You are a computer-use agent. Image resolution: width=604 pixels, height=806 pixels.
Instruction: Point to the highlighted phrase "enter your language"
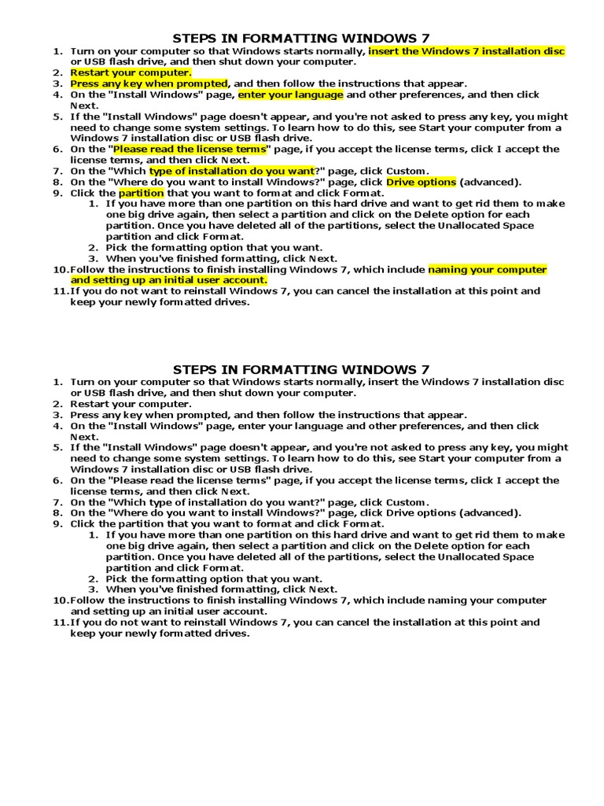[290, 94]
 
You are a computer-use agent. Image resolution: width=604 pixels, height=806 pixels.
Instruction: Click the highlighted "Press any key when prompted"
[149, 83]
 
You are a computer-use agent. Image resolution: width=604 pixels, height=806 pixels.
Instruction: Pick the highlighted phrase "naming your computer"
[487, 269]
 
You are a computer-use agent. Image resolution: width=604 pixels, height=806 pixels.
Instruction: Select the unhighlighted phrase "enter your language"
[290, 426]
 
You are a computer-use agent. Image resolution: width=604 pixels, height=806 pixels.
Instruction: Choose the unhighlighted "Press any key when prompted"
[149, 415]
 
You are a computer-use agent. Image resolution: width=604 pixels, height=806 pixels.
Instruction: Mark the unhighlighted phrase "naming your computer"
[487, 601]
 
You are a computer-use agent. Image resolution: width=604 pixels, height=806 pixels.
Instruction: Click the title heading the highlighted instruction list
[301, 37]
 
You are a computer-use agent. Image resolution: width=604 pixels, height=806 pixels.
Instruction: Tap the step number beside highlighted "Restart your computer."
[57, 72]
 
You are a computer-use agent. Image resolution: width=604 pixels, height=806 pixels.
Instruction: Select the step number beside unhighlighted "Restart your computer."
[57, 404]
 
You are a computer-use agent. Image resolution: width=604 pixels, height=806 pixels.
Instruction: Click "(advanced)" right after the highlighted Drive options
[490, 182]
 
